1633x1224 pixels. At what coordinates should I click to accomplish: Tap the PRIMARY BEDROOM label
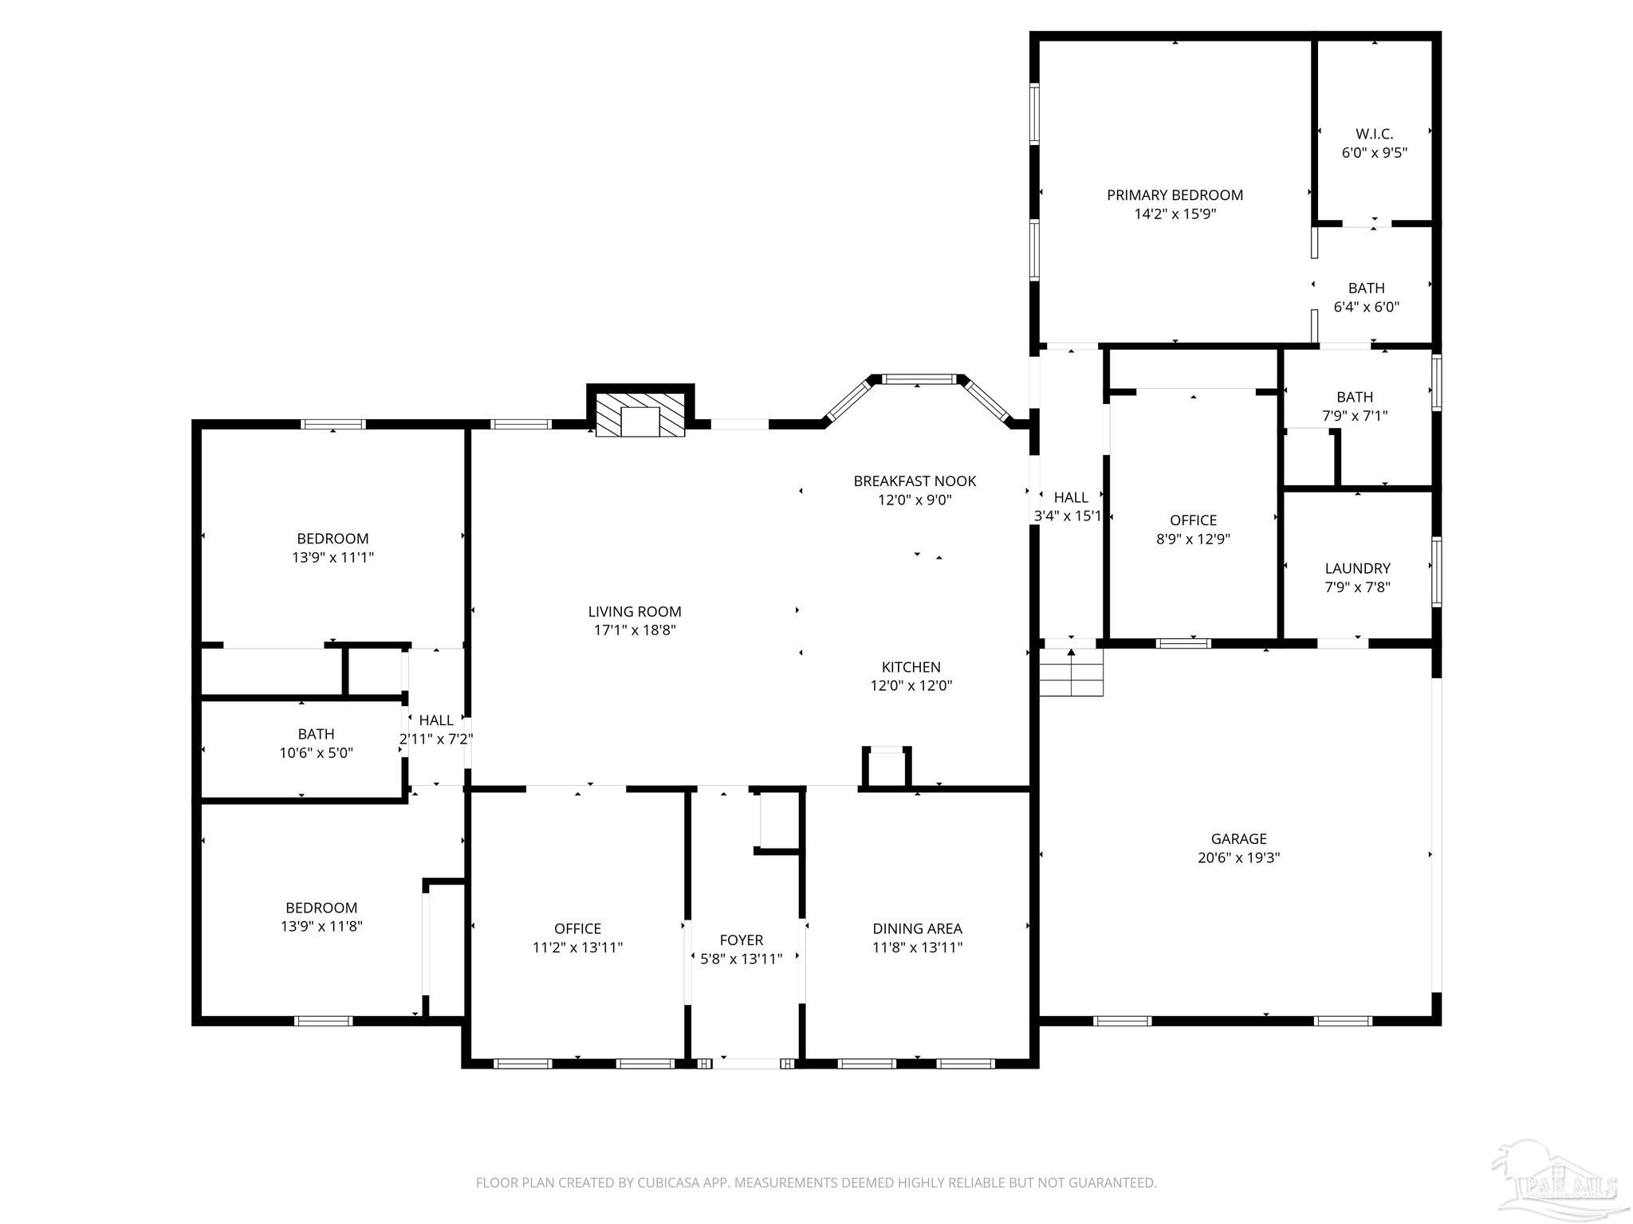coord(1175,195)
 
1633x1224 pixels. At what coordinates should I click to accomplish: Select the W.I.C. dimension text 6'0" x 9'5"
coord(1374,153)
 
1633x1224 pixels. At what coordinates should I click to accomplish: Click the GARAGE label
coord(1238,838)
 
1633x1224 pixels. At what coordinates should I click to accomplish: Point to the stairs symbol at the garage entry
coord(1071,673)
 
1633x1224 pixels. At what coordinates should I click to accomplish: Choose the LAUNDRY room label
coord(1357,568)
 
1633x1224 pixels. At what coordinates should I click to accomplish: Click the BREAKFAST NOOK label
coord(915,481)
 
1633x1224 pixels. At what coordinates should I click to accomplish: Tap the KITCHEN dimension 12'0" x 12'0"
coord(911,685)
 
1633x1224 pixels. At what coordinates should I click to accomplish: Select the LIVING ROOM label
coord(635,612)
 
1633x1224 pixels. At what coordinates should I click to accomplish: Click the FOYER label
coord(741,940)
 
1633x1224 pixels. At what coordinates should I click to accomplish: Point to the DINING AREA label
coord(917,928)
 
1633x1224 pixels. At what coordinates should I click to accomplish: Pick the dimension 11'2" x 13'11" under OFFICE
coord(577,947)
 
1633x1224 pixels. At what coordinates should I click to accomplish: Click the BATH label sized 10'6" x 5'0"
coord(316,734)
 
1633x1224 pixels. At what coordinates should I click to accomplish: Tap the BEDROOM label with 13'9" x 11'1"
coord(333,539)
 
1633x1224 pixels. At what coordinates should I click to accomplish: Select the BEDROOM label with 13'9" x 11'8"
coord(321,908)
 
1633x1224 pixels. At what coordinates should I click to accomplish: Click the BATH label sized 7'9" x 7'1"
coord(1355,397)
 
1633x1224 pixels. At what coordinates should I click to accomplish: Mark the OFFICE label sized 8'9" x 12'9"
coord(1193,520)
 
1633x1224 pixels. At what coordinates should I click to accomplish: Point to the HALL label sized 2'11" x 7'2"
coord(435,720)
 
